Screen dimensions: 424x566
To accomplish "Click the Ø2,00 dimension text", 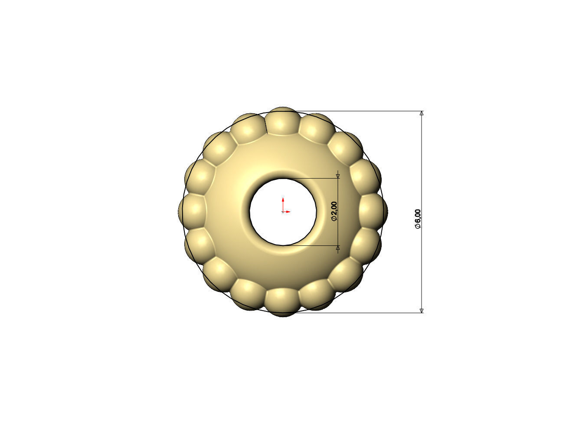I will [x=334, y=212].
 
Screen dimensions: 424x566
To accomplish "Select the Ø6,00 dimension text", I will [x=418, y=219].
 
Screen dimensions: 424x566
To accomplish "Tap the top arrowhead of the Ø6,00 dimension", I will [x=422, y=113].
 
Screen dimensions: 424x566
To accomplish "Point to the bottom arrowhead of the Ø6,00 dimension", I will [x=422, y=310].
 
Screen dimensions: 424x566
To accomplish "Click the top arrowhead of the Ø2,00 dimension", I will [x=338, y=176].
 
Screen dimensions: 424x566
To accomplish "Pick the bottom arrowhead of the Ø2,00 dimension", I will [x=338, y=248].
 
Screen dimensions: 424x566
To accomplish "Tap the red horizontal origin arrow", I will [x=287, y=212].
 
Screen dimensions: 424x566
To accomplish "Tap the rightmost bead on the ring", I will [x=374, y=210].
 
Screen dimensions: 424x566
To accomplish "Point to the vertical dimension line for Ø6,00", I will [x=422, y=174].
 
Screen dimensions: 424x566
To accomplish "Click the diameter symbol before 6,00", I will [x=418, y=226].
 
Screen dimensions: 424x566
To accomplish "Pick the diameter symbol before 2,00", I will [x=334, y=219].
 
